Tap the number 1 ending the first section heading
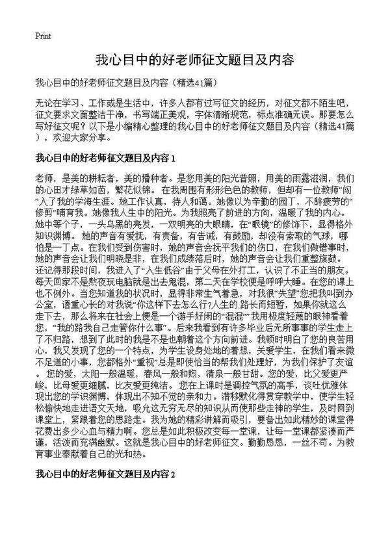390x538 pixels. pos(174,158)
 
